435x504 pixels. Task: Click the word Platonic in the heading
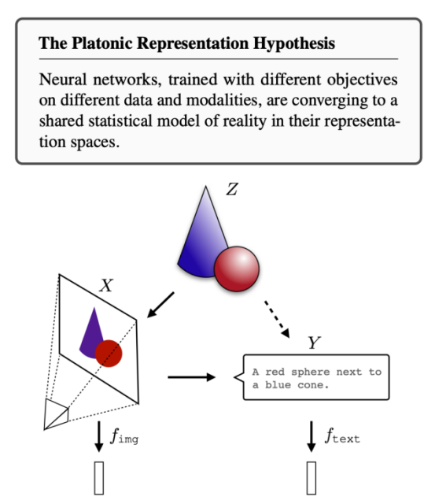(x=101, y=43)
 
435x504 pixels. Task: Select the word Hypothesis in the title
(x=293, y=43)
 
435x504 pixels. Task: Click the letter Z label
(x=232, y=189)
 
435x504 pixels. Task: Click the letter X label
(x=106, y=285)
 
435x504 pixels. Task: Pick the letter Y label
(x=315, y=343)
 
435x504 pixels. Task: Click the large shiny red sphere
(x=237, y=269)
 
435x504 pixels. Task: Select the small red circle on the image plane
(x=109, y=354)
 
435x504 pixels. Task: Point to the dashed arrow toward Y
(x=277, y=319)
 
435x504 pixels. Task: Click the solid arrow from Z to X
(x=160, y=305)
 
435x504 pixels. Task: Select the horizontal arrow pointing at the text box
(x=192, y=377)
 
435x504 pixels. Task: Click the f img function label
(x=124, y=436)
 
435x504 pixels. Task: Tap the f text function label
(x=342, y=436)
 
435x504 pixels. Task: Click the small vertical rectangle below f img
(x=99, y=478)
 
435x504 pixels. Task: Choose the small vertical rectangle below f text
(x=311, y=478)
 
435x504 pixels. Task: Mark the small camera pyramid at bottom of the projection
(x=56, y=414)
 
